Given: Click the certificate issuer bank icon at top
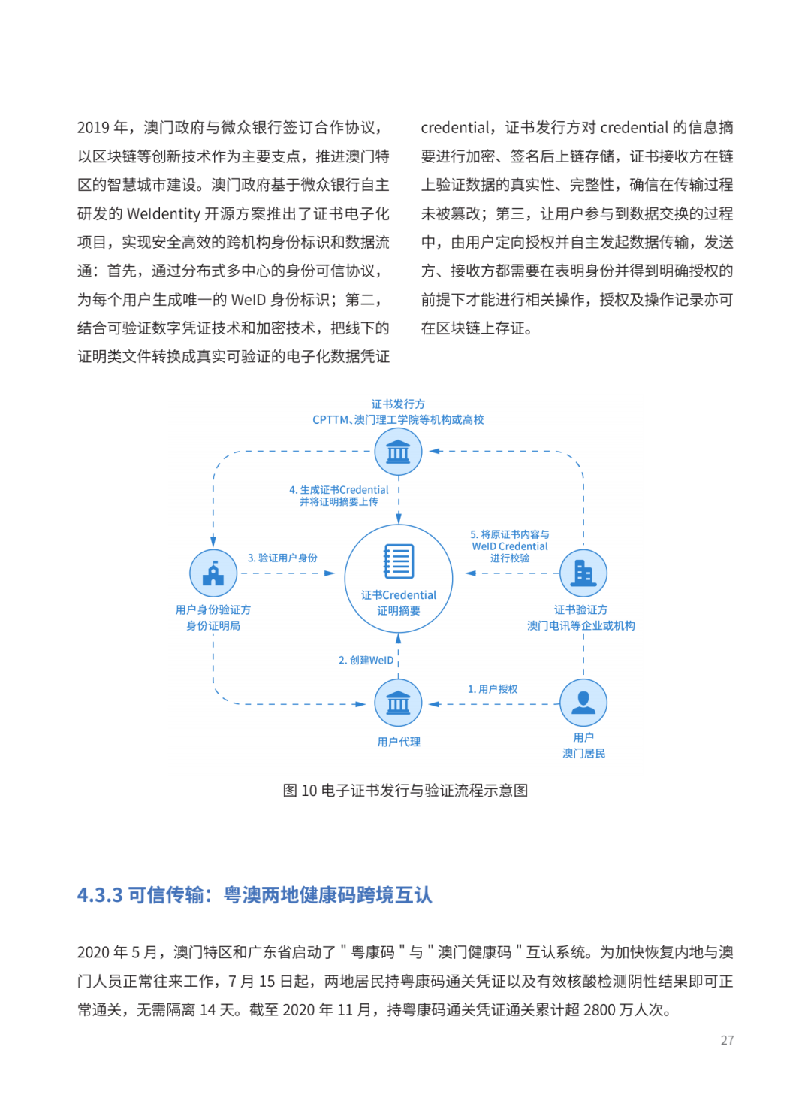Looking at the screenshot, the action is tap(398, 452).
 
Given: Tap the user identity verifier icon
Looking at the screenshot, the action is tap(213, 573).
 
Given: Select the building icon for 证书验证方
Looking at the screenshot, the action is tap(583, 573).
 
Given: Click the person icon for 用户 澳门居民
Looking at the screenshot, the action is tap(583, 703).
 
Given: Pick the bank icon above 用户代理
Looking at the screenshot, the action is tap(398, 703).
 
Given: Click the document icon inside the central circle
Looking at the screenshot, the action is tap(399, 561).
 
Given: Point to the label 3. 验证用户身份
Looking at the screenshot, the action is tap(282, 558).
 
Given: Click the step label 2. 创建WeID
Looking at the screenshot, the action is tap(366, 660).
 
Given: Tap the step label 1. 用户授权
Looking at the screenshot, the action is tap(493, 689).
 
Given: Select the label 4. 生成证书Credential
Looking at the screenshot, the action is tap(339, 490).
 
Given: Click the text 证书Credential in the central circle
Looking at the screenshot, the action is tap(399, 595).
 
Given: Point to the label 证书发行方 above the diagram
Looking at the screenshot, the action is tap(398, 404).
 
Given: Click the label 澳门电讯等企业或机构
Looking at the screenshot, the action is tap(581, 625).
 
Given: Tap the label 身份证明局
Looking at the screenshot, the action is tap(213, 625).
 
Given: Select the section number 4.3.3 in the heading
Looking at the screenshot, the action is tap(100, 895).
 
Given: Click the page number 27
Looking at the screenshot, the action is tap(727, 1040).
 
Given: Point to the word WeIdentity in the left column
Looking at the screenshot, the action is tap(164, 214).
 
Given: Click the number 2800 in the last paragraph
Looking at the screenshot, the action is tap(599, 1009).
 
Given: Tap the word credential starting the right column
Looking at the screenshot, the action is tap(455, 128).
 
